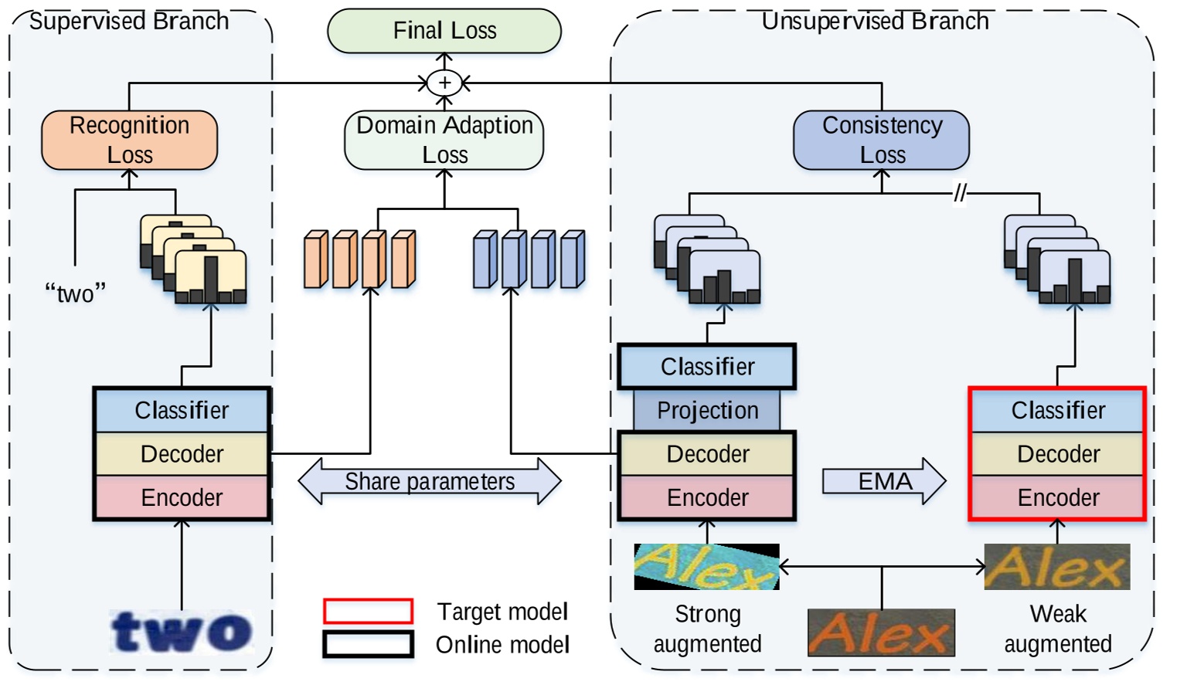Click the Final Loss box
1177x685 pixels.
[x=444, y=31]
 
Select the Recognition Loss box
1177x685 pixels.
[x=129, y=140]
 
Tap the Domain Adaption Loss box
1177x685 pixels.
[x=444, y=140]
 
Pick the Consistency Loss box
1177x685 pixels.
[x=882, y=140]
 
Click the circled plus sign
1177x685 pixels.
[x=444, y=83]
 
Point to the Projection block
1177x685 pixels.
[x=707, y=410]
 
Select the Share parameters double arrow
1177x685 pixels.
[x=430, y=481]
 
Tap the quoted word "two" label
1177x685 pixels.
[x=75, y=293]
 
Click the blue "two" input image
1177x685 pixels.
[x=182, y=632]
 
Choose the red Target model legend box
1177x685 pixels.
[x=368, y=611]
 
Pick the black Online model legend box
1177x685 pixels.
[x=368, y=644]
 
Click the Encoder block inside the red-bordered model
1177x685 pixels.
[x=1058, y=497]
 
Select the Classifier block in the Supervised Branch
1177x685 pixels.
[x=182, y=410]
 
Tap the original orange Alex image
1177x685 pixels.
[x=881, y=632]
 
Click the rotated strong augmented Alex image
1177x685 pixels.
[x=706, y=567]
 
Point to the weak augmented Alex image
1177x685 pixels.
[x=1056, y=567]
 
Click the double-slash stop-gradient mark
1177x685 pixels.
[x=960, y=192]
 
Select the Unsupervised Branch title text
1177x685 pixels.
[x=875, y=21]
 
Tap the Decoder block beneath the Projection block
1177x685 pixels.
[x=707, y=453]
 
